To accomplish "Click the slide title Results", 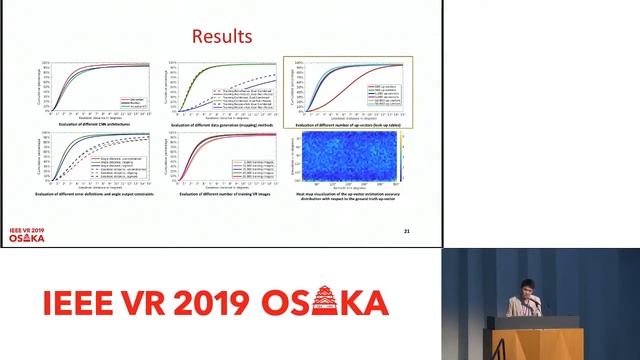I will (x=221, y=37).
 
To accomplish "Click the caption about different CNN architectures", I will (x=97, y=124).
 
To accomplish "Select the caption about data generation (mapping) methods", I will (x=221, y=124).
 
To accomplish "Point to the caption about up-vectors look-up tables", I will (x=347, y=124).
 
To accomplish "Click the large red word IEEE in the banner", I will (x=82, y=302).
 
